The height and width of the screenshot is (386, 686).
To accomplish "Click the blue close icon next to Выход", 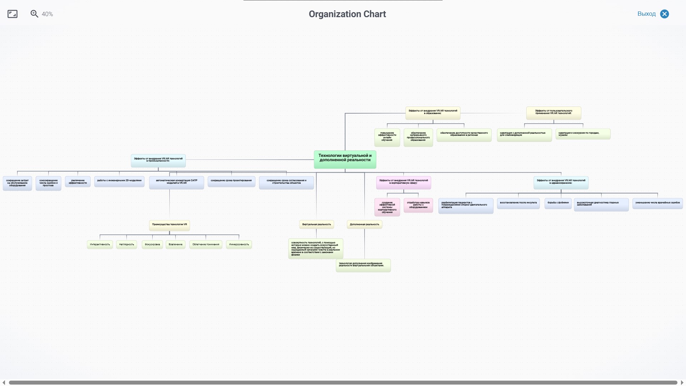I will tap(665, 14).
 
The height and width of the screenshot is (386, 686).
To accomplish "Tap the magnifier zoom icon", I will tap(34, 14).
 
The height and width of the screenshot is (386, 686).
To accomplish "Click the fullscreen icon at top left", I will tap(13, 14).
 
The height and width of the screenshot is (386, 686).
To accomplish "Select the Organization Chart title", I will tap(347, 14).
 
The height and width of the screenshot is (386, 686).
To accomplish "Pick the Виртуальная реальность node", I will tap(317, 224).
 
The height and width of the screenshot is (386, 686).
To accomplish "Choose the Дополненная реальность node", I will tap(364, 224).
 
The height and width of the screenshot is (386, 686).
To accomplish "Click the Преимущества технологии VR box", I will tap(169, 225).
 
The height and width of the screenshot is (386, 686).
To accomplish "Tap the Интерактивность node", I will tap(100, 244).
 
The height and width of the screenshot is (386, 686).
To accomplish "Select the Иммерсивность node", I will tap(239, 244).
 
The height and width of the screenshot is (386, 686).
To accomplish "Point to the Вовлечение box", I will tap(175, 244).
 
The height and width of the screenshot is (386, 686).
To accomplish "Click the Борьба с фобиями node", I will tap(558, 203).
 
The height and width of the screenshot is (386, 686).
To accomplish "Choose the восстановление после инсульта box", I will tap(518, 203).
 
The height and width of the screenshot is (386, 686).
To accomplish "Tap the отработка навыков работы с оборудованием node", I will tap(418, 205).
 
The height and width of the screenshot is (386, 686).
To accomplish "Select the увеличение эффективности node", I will tap(78, 182).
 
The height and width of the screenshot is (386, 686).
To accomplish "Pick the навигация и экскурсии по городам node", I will tap(583, 134).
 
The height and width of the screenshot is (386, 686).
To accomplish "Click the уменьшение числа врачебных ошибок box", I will tap(657, 203).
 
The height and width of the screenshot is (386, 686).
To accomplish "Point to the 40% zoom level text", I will tap(47, 14).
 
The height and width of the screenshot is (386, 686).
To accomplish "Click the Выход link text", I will tap(646, 14).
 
